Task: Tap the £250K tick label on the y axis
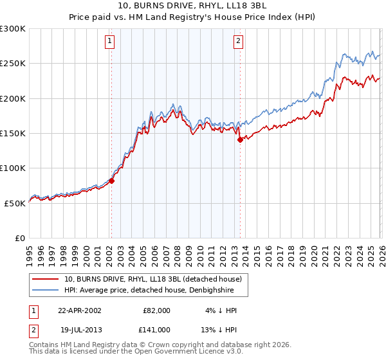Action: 13,64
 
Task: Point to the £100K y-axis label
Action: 13,168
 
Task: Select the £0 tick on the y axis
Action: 19,238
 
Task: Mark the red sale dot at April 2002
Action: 111,181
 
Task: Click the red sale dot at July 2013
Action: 239,139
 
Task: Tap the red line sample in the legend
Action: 46,280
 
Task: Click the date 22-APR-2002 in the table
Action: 79,310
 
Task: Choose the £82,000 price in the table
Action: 156,310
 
